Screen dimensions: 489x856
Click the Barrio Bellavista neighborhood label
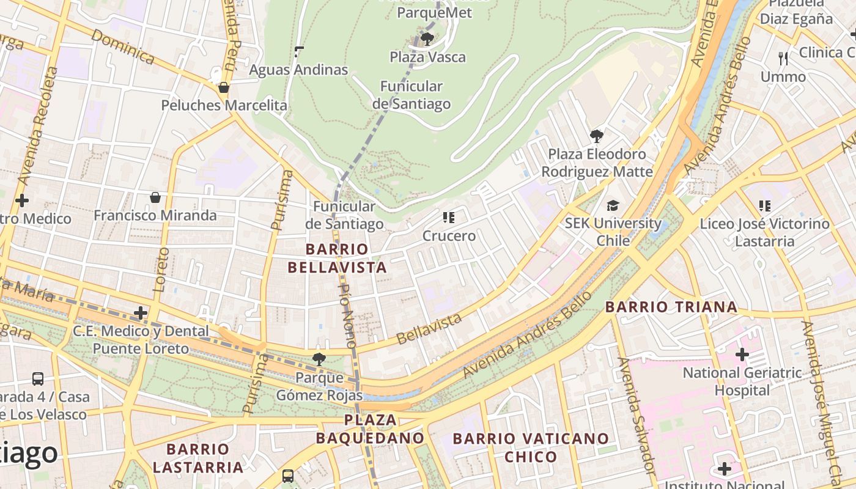coord(337,258)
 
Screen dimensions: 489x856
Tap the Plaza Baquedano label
coord(370,429)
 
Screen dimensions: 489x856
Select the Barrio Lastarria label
coord(197,458)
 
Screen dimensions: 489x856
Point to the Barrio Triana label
coord(671,307)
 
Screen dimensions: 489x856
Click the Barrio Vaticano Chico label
coord(531,447)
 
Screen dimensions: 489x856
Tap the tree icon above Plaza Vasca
coord(427,39)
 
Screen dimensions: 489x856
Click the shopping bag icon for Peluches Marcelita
coord(224,87)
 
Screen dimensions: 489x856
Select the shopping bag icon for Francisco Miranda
coord(155,197)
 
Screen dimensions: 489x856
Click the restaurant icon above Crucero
coord(449,217)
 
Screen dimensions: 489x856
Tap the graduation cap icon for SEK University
coord(613,205)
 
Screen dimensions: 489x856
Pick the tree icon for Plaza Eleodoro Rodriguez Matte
coord(597,136)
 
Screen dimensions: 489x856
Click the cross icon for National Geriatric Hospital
coord(742,354)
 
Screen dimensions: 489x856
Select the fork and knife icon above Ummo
coord(783,58)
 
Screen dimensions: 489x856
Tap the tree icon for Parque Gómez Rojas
coord(319,359)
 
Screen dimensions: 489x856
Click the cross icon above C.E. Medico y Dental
coord(141,313)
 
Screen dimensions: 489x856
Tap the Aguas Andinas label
coord(298,70)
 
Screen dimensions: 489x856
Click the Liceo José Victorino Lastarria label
coord(765,232)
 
